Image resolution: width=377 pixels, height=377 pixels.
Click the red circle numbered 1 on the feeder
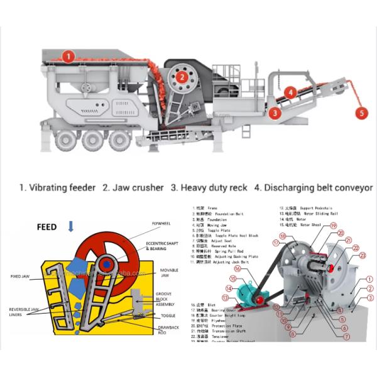pyautogui.click(x=67, y=57)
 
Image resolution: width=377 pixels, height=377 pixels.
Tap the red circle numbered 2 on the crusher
pyautogui.click(x=182, y=77)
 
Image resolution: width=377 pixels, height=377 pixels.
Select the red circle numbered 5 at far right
pyautogui.click(x=361, y=114)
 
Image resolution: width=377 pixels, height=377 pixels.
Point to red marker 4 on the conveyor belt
pyautogui.click(x=290, y=92)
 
